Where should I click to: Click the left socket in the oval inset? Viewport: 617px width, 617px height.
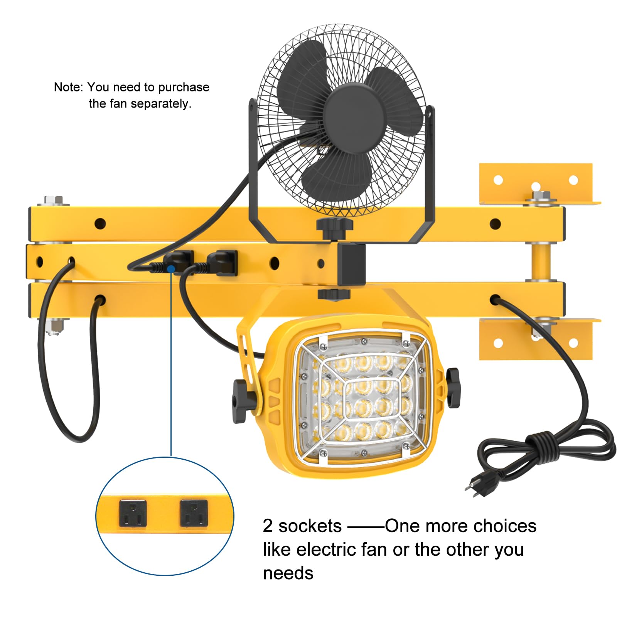[x=133, y=513]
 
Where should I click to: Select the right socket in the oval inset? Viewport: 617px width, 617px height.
[x=194, y=513]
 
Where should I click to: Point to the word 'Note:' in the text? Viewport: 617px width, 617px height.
[x=68, y=87]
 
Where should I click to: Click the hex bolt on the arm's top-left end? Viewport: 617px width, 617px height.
[x=54, y=201]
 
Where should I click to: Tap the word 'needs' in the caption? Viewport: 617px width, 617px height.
[x=288, y=573]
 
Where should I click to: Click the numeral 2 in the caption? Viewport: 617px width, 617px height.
[x=268, y=526]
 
